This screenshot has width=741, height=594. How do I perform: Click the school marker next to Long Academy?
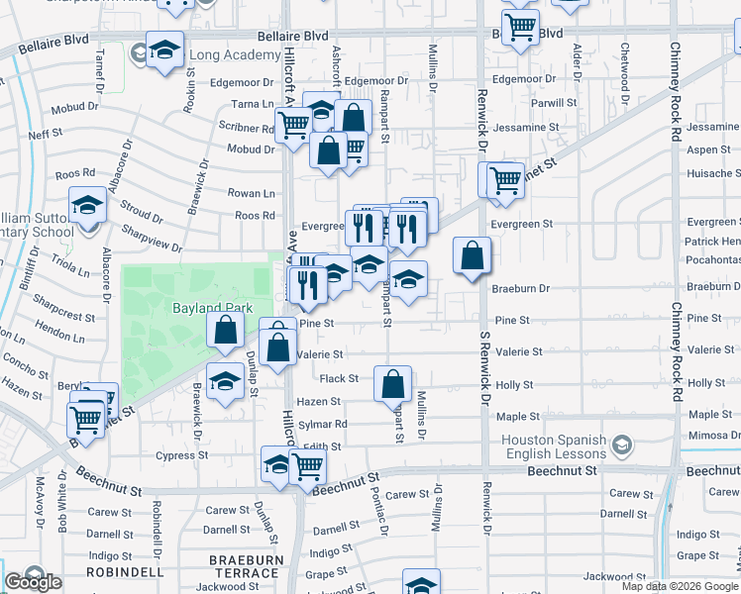pos(164,51)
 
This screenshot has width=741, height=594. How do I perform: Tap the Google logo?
pos(33,582)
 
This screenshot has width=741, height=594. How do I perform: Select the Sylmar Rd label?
pos(327,424)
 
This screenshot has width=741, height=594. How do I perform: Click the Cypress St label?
pos(181,455)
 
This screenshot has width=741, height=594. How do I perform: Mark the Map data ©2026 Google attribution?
pos(680,586)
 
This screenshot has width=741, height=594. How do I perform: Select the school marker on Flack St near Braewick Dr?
pos(226,383)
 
